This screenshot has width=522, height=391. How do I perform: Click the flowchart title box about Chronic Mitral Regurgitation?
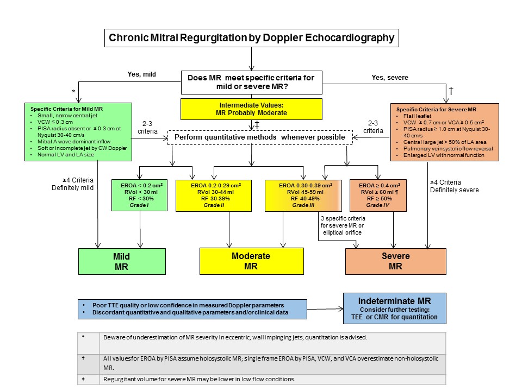252,38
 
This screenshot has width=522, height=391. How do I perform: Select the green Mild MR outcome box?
122,262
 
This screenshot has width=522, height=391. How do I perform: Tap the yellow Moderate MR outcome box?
251,261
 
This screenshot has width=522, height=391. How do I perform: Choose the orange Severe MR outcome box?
395,261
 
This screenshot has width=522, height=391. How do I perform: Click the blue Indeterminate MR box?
394,308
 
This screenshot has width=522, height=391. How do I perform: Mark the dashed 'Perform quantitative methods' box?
259,137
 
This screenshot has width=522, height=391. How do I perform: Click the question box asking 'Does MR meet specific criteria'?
251,83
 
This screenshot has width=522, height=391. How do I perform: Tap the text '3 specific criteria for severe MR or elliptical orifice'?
341,225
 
